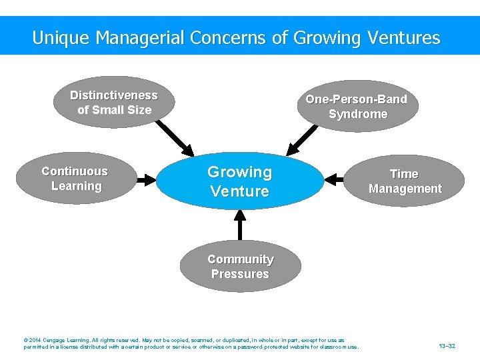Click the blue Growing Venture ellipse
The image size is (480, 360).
click(239, 181)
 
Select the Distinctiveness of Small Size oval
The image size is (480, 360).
click(114, 102)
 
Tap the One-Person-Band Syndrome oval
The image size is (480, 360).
click(357, 107)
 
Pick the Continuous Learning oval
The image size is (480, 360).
click(75, 179)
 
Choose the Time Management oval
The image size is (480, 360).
click(405, 181)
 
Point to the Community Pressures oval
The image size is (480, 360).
click(240, 267)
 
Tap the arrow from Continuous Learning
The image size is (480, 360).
click(145, 179)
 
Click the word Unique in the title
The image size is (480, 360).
click(61, 37)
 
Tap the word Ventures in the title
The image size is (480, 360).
click(403, 37)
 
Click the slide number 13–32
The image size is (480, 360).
click(447, 346)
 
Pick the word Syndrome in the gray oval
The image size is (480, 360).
click(358, 114)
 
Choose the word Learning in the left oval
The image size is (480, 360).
click(76, 186)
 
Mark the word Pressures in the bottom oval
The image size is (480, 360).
click(240, 274)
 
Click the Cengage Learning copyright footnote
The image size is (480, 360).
click(191, 343)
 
